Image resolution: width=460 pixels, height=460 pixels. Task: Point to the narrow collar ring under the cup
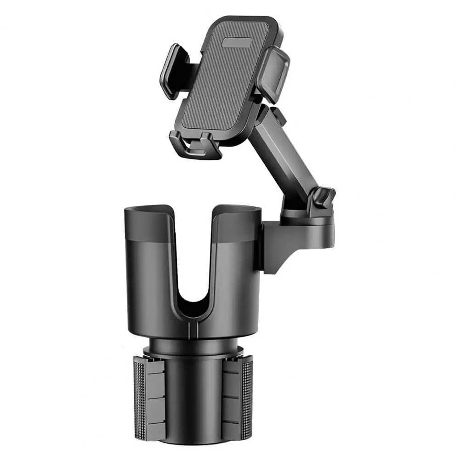pyautogui.click(x=193, y=347)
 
